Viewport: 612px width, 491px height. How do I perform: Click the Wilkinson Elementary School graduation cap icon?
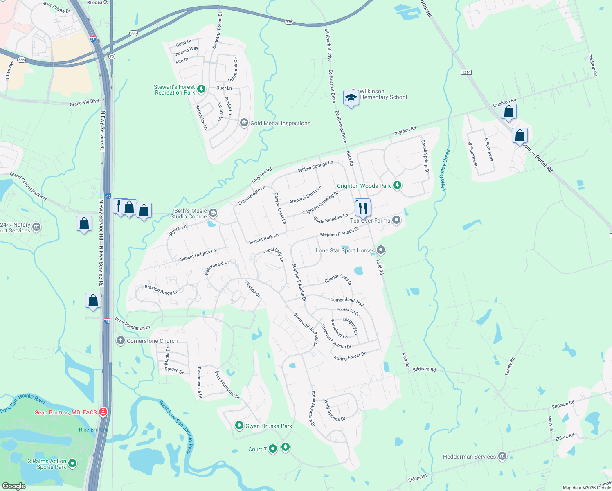coord(351,98)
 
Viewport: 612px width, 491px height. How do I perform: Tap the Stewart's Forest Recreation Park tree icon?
coord(201,89)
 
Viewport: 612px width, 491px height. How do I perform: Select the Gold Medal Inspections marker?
coord(244,123)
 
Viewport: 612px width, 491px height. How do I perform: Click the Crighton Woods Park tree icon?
coord(397,185)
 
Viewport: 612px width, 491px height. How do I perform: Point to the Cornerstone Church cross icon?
coord(121,340)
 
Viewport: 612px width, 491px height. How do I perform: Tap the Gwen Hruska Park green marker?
coord(239,426)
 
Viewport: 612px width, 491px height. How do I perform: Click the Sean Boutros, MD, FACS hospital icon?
coord(103,412)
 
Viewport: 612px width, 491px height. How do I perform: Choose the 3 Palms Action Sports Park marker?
coord(72,464)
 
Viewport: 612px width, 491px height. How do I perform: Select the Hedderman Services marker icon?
coord(502,457)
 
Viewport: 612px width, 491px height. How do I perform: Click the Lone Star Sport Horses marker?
coord(381,250)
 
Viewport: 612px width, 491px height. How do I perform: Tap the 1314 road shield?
coord(466,72)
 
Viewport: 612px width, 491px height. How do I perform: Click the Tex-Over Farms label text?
coord(370,221)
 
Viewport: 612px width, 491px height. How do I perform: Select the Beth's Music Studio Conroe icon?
coord(213,213)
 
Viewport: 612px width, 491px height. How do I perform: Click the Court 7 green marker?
coord(273,449)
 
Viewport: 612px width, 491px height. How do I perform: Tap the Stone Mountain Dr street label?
coord(313,409)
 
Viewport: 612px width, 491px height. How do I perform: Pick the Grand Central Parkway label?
coord(29,187)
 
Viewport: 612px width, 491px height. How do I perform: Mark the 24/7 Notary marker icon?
coord(36,227)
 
